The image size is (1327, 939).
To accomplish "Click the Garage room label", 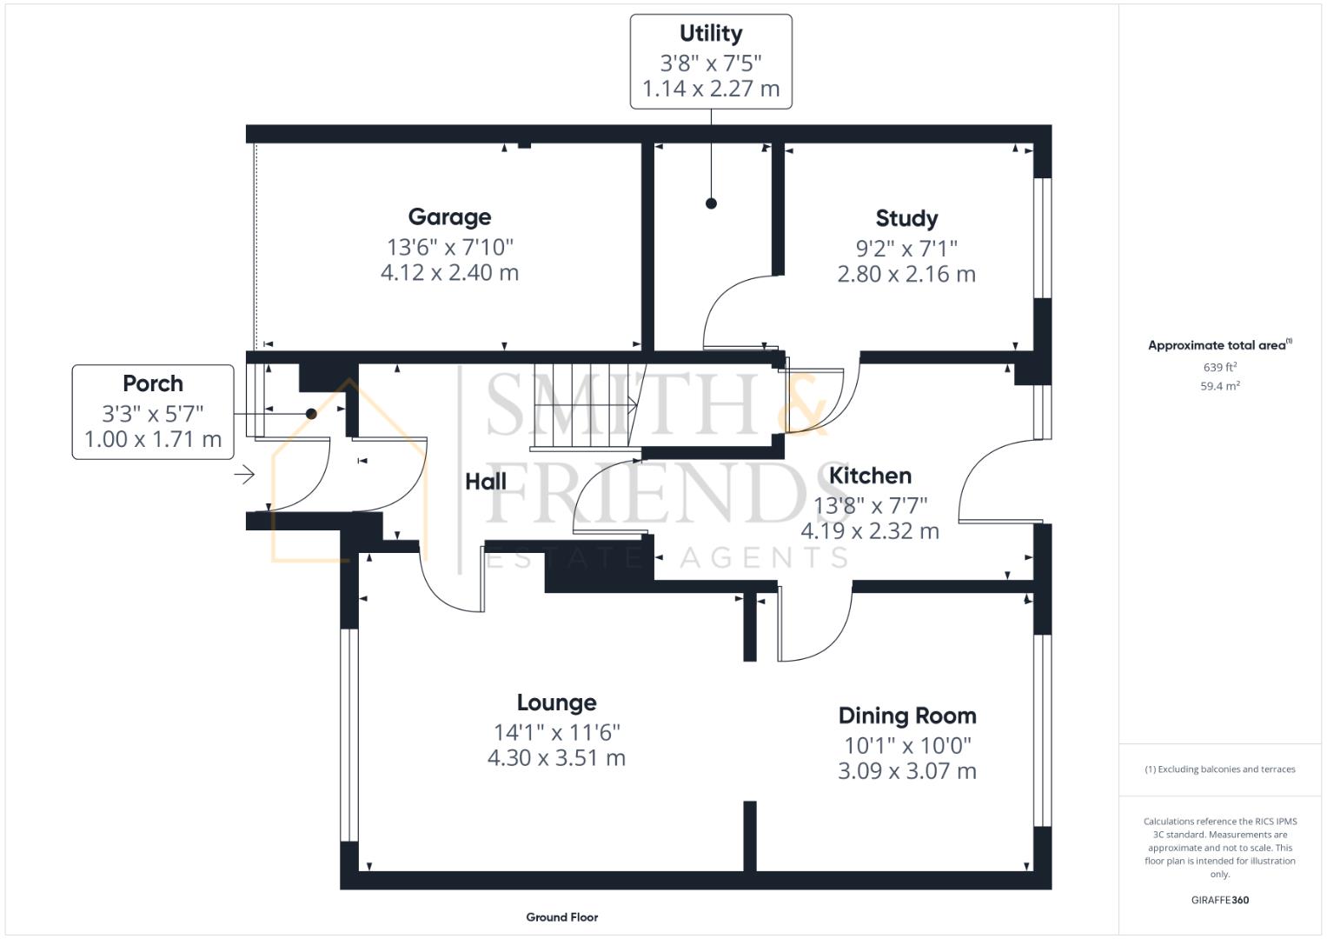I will (x=449, y=217).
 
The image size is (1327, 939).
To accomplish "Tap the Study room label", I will (x=906, y=218).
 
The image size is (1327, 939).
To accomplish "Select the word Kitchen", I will (x=870, y=476).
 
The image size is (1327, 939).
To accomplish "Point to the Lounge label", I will (x=556, y=703).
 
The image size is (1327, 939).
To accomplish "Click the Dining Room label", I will (x=907, y=716).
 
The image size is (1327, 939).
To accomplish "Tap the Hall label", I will (x=486, y=482).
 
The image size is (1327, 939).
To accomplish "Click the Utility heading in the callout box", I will (x=711, y=34).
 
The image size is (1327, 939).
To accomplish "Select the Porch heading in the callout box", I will (x=153, y=383).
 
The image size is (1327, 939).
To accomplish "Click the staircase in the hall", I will (x=587, y=407).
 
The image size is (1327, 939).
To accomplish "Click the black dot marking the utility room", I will (x=711, y=203).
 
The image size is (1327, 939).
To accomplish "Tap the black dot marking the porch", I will (x=311, y=414).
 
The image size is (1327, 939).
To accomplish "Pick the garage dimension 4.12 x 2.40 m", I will (x=449, y=273).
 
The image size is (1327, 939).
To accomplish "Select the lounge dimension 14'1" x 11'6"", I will (x=556, y=732).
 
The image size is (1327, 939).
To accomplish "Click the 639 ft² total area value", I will (x=1219, y=367).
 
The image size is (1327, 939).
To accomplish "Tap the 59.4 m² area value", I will (x=1219, y=386).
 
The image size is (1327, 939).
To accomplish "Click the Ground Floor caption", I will (x=561, y=917).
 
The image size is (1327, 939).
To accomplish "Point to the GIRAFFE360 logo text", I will (x=1219, y=900).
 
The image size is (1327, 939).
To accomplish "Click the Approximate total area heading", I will (x=1219, y=345).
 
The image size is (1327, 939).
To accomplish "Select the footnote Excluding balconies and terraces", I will (x=1219, y=769).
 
